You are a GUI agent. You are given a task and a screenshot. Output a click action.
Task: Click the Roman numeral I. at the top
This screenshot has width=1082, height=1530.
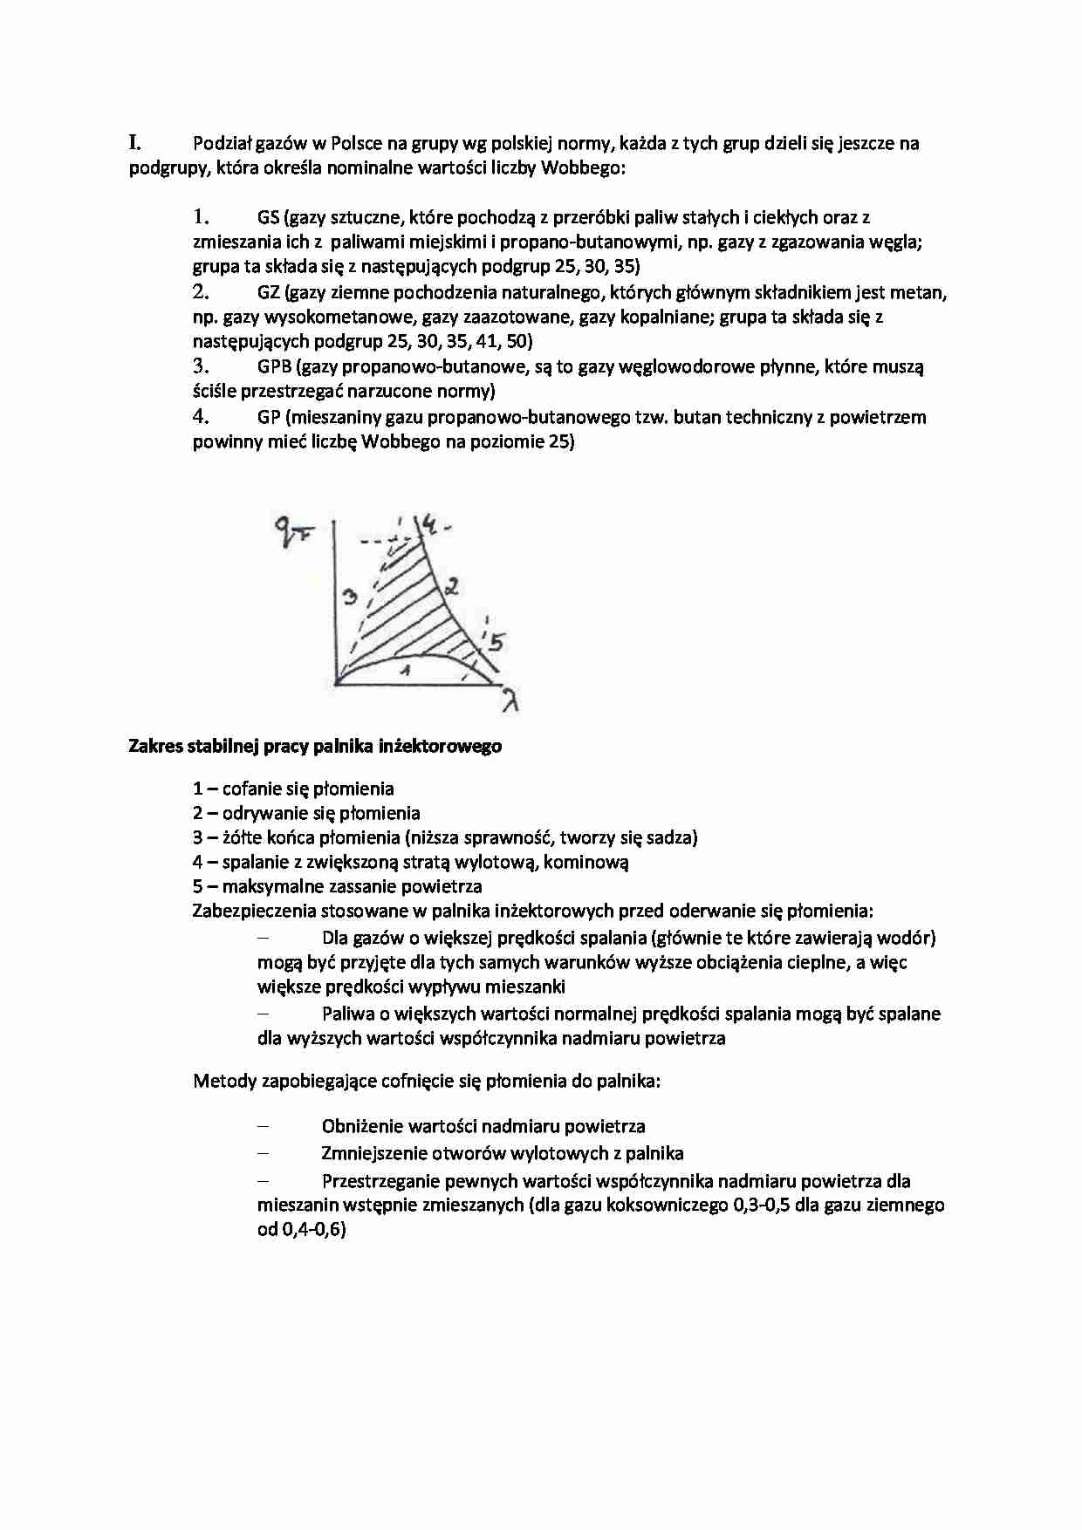tap(135, 142)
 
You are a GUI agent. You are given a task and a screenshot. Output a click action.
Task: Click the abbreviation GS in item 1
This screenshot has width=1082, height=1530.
tap(269, 217)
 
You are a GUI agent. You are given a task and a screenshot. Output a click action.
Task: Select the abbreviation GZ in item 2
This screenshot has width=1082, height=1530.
tap(269, 292)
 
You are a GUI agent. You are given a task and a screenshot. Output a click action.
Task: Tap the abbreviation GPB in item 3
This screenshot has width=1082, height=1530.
tap(274, 366)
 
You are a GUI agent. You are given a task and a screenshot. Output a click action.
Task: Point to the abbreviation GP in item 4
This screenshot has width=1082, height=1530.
tap(269, 417)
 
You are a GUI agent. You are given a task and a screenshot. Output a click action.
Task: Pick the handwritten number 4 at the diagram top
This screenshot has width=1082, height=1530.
tap(429, 523)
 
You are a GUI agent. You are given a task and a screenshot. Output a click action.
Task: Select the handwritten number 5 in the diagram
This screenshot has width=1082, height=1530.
tap(496, 643)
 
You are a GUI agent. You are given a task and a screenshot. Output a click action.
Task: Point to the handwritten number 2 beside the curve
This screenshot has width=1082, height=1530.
tap(451, 586)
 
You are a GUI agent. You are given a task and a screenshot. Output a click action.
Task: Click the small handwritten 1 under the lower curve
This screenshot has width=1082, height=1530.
tap(403, 669)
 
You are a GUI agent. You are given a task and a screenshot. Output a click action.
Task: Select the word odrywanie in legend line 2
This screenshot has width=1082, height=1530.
tap(262, 814)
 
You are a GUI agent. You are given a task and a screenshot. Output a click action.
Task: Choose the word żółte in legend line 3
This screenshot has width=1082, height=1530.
tap(242, 838)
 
